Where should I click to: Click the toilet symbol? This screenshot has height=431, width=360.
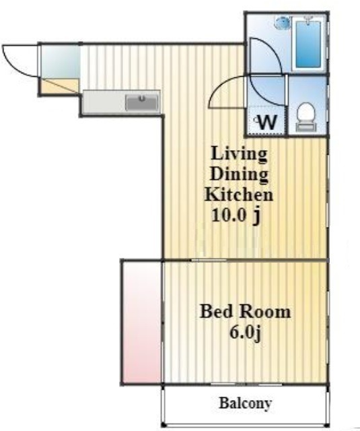[x=306, y=117]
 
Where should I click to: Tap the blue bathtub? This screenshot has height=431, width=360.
[x=308, y=44]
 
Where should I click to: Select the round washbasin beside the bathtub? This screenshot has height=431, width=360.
[x=283, y=22]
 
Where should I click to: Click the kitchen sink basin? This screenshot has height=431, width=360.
[x=142, y=102]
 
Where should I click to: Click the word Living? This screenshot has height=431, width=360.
[x=239, y=154]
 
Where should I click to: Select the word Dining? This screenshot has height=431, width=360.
[x=239, y=174]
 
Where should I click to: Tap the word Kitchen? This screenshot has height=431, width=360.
[x=239, y=195]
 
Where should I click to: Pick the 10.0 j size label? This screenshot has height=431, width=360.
[x=236, y=216]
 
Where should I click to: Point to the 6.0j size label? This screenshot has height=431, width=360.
[x=245, y=333]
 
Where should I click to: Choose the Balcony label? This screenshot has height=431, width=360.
[x=245, y=403]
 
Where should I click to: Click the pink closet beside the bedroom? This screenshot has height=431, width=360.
[x=141, y=322]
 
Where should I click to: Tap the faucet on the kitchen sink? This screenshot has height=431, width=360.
[x=142, y=98]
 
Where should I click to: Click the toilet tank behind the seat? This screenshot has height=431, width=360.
[x=306, y=127]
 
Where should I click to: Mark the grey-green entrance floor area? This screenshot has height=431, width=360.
[x=61, y=61]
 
